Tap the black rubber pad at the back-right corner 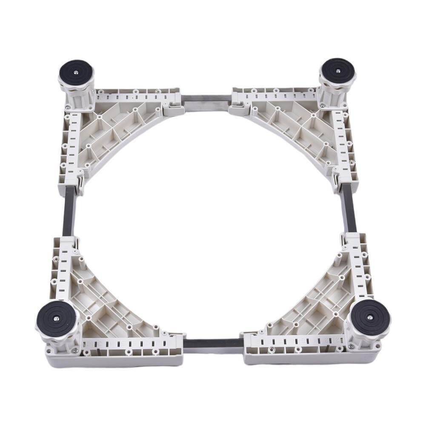338,69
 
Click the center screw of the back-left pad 76,72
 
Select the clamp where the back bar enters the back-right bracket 240,107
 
